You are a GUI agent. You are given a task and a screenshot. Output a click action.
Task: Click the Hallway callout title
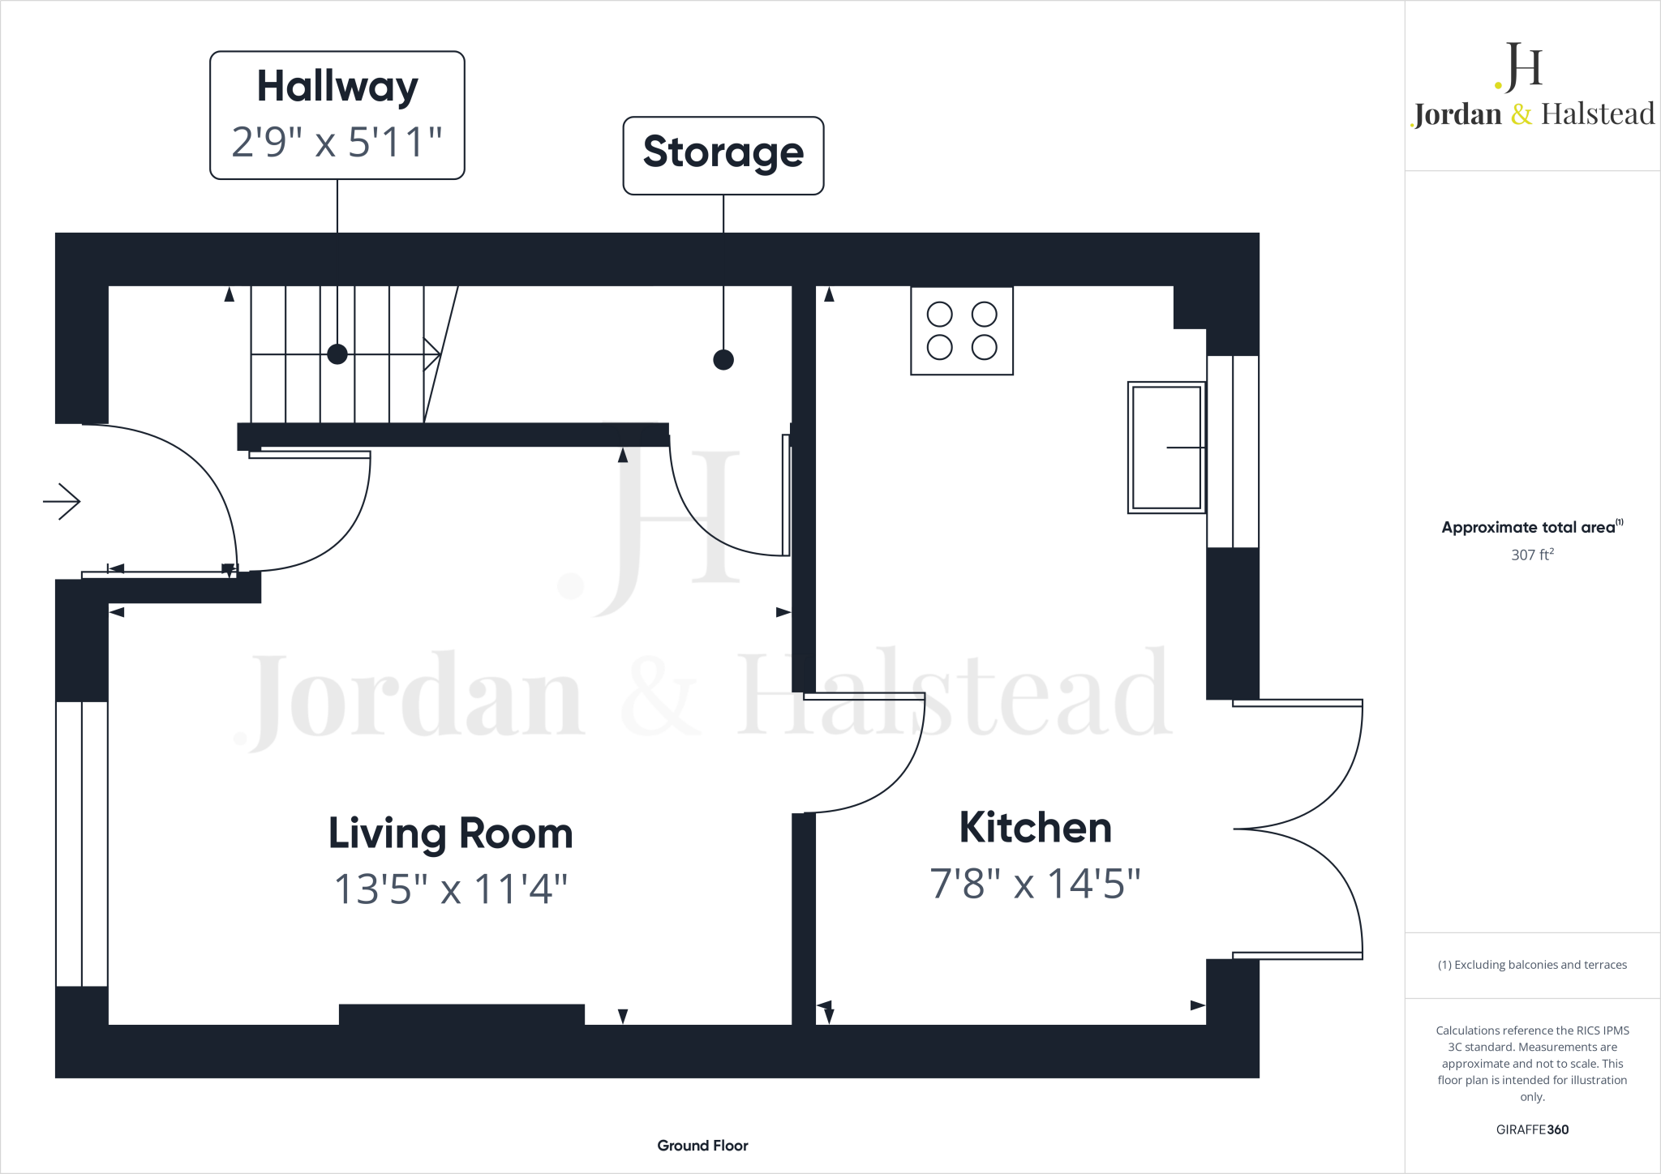pos(337,87)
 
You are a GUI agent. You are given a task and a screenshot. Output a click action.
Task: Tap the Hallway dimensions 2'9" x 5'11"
pos(337,142)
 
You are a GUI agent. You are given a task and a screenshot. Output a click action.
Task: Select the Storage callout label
pos(723,152)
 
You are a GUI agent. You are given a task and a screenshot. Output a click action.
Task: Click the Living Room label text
pos(450,833)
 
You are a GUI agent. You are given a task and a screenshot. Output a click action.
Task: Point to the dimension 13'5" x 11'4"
pos(450,889)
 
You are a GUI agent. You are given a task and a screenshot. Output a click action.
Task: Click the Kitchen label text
pos(1035,828)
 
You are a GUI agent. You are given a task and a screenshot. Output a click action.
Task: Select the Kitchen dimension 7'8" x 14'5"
pos(1035,884)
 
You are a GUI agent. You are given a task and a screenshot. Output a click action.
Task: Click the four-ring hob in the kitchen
pos(962,331)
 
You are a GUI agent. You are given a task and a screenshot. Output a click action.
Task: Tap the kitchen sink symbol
pos(1166,448)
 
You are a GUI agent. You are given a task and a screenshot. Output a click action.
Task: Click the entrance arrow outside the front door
pos(62,502)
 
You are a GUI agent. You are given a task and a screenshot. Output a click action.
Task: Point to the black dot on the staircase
pos(337,354)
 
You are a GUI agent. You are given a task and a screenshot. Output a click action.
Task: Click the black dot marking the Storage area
pos(723,359)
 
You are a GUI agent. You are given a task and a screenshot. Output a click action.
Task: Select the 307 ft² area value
pos(1532,555)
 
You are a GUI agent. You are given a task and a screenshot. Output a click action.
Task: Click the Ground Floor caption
pos(702,1146)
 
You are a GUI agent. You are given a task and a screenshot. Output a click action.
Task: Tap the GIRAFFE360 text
pos(1532,1129)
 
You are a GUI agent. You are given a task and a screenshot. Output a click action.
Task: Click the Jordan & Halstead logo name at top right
pos(1533,114)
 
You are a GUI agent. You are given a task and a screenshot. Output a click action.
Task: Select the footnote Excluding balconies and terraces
pos(1532,965)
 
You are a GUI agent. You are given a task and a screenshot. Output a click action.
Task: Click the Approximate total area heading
pos(1529,528)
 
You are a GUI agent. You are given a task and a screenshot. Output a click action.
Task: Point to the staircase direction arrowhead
pos(433,354)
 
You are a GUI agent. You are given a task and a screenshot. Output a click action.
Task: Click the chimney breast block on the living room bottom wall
pos(461,1014)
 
